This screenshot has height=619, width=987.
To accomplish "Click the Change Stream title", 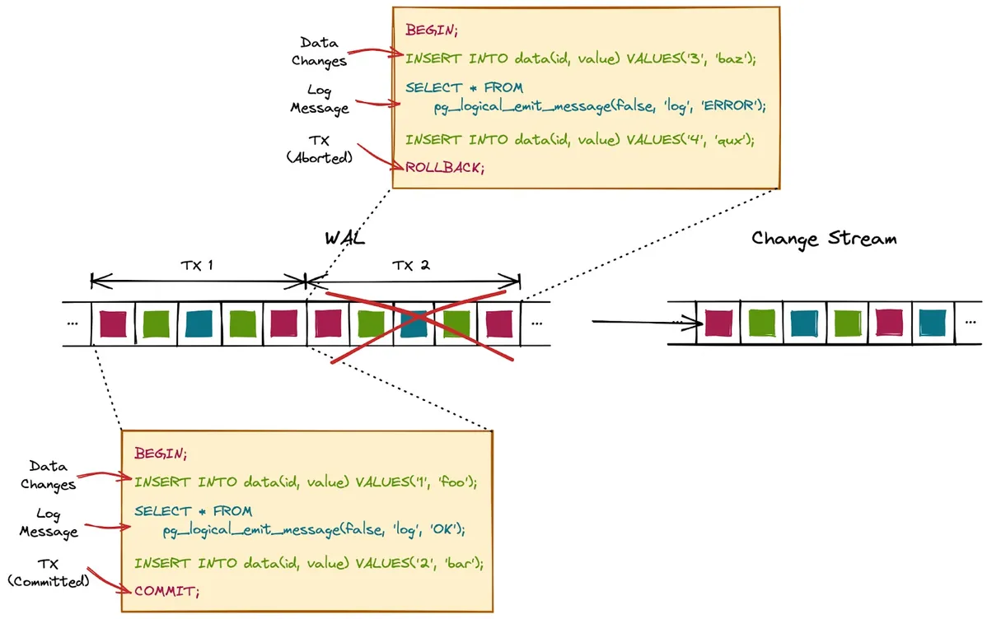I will tap(823, 240).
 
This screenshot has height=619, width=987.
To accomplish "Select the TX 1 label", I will tap(198, 266).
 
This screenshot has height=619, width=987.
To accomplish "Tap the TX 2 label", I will tap(412, 266).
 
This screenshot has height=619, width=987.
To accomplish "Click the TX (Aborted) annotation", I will tap(319, 149).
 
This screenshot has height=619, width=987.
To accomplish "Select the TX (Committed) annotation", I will tap(48, 573).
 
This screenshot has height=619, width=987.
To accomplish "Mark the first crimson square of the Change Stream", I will tap(718, 323).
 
